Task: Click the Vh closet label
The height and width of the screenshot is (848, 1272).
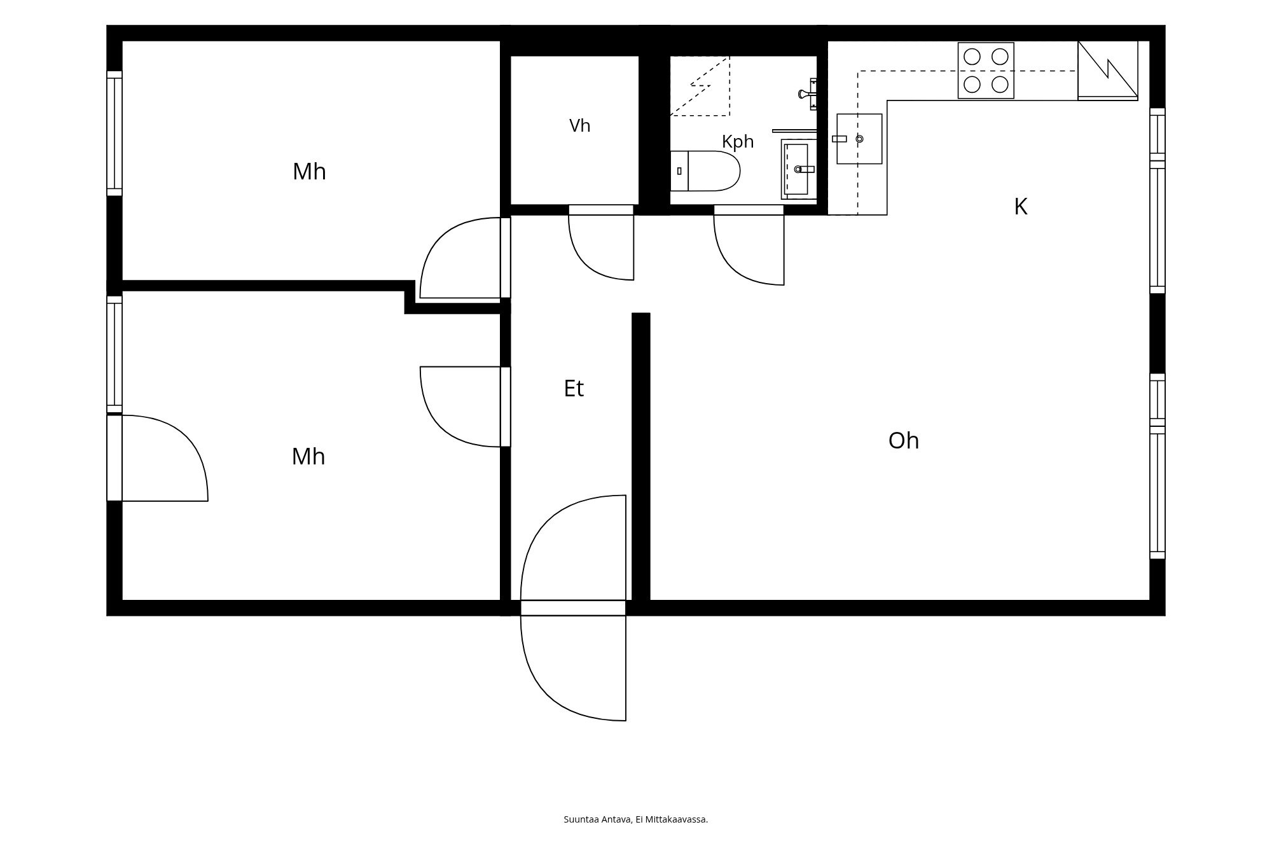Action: (579, 126)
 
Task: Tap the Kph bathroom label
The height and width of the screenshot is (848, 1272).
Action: (738, 142)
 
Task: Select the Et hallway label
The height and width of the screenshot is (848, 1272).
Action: (574, 389)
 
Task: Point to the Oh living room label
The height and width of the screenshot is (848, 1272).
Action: (904, 441)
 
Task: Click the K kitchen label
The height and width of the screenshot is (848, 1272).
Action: (1021, 207)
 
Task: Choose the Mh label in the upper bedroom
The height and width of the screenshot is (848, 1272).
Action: (309, 172)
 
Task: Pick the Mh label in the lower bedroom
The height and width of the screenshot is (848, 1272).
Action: (308, 457)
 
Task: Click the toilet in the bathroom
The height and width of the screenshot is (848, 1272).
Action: (705, 171)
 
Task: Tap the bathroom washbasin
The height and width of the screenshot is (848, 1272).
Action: (799, 169)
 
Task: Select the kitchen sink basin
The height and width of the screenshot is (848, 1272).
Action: (859, 139)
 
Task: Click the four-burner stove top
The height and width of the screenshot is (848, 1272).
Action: (986, 71)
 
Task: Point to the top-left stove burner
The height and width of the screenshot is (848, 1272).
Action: (972, 57)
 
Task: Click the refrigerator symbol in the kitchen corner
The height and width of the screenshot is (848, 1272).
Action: (1108, 71)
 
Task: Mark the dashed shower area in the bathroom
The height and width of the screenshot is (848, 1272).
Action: (700, 86)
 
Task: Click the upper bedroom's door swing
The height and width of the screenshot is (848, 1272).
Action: (465, 258)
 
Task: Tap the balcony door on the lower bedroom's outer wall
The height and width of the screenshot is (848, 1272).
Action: (157, 458)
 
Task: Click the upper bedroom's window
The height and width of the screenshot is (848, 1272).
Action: (114, 134)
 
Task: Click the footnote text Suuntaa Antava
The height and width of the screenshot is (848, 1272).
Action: (597, 819)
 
